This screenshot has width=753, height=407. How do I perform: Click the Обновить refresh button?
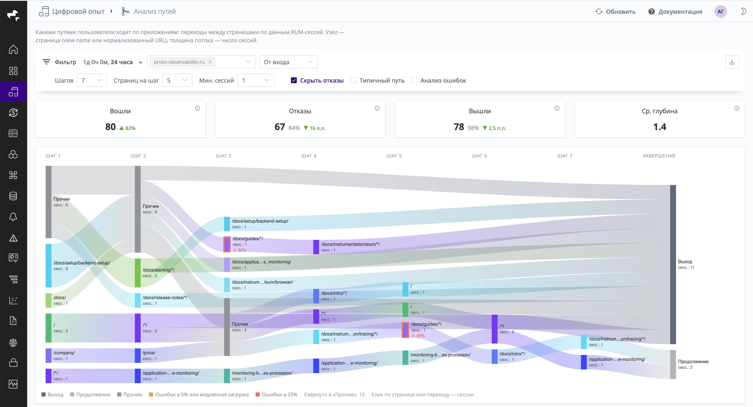[x=615, y=12]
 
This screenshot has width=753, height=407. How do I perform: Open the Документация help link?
[x=675, y=12]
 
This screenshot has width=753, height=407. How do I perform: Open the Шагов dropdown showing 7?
[x=91, y=80]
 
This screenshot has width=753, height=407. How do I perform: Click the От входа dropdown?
[x=288, y=62]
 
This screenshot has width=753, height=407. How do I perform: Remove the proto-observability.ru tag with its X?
[x=210, y=62]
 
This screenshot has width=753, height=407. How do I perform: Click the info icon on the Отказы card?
[x=377, y=108]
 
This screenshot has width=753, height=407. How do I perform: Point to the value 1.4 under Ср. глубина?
[x=660, y=127]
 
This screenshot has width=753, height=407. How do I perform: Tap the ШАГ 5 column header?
[x=394, y=156]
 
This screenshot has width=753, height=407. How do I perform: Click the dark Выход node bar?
[x=673, y=264]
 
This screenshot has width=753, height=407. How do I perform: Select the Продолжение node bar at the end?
[x=673, y=364]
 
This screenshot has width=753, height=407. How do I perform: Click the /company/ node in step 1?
[x=49, y=356]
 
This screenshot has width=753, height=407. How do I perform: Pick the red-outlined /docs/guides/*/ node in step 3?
[x=227, y=244]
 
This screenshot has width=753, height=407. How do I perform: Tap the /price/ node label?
[x=149, y=353]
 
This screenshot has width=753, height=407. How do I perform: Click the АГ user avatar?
[x=721, y=12]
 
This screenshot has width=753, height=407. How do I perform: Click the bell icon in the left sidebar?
[x=13, y=217]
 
